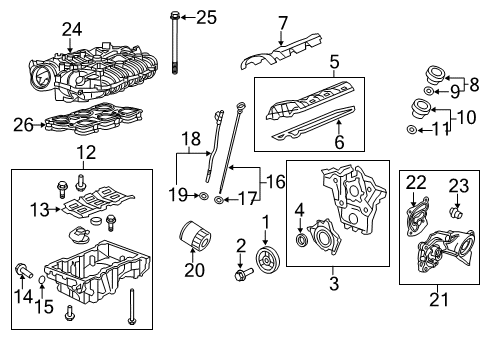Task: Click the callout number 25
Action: tap(205, 16)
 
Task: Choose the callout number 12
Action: tap(80, 152)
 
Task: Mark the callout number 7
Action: tap(283, 22)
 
